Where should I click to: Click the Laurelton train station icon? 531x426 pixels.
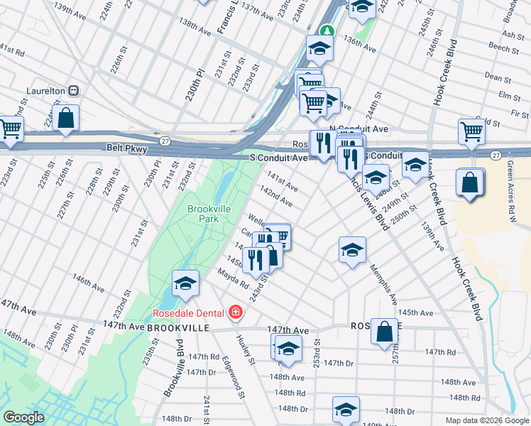click(74, 91)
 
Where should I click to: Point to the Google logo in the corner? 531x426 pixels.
click(23, 417)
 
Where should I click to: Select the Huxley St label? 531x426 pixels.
click(247, 351)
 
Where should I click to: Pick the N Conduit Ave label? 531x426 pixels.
click(363, 129)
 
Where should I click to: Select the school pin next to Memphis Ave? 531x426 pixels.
click(351, 250)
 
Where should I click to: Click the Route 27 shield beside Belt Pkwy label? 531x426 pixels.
click(165, 141)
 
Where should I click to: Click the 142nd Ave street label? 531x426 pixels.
click(276, 197)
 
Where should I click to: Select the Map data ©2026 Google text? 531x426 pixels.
click(486, 420)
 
